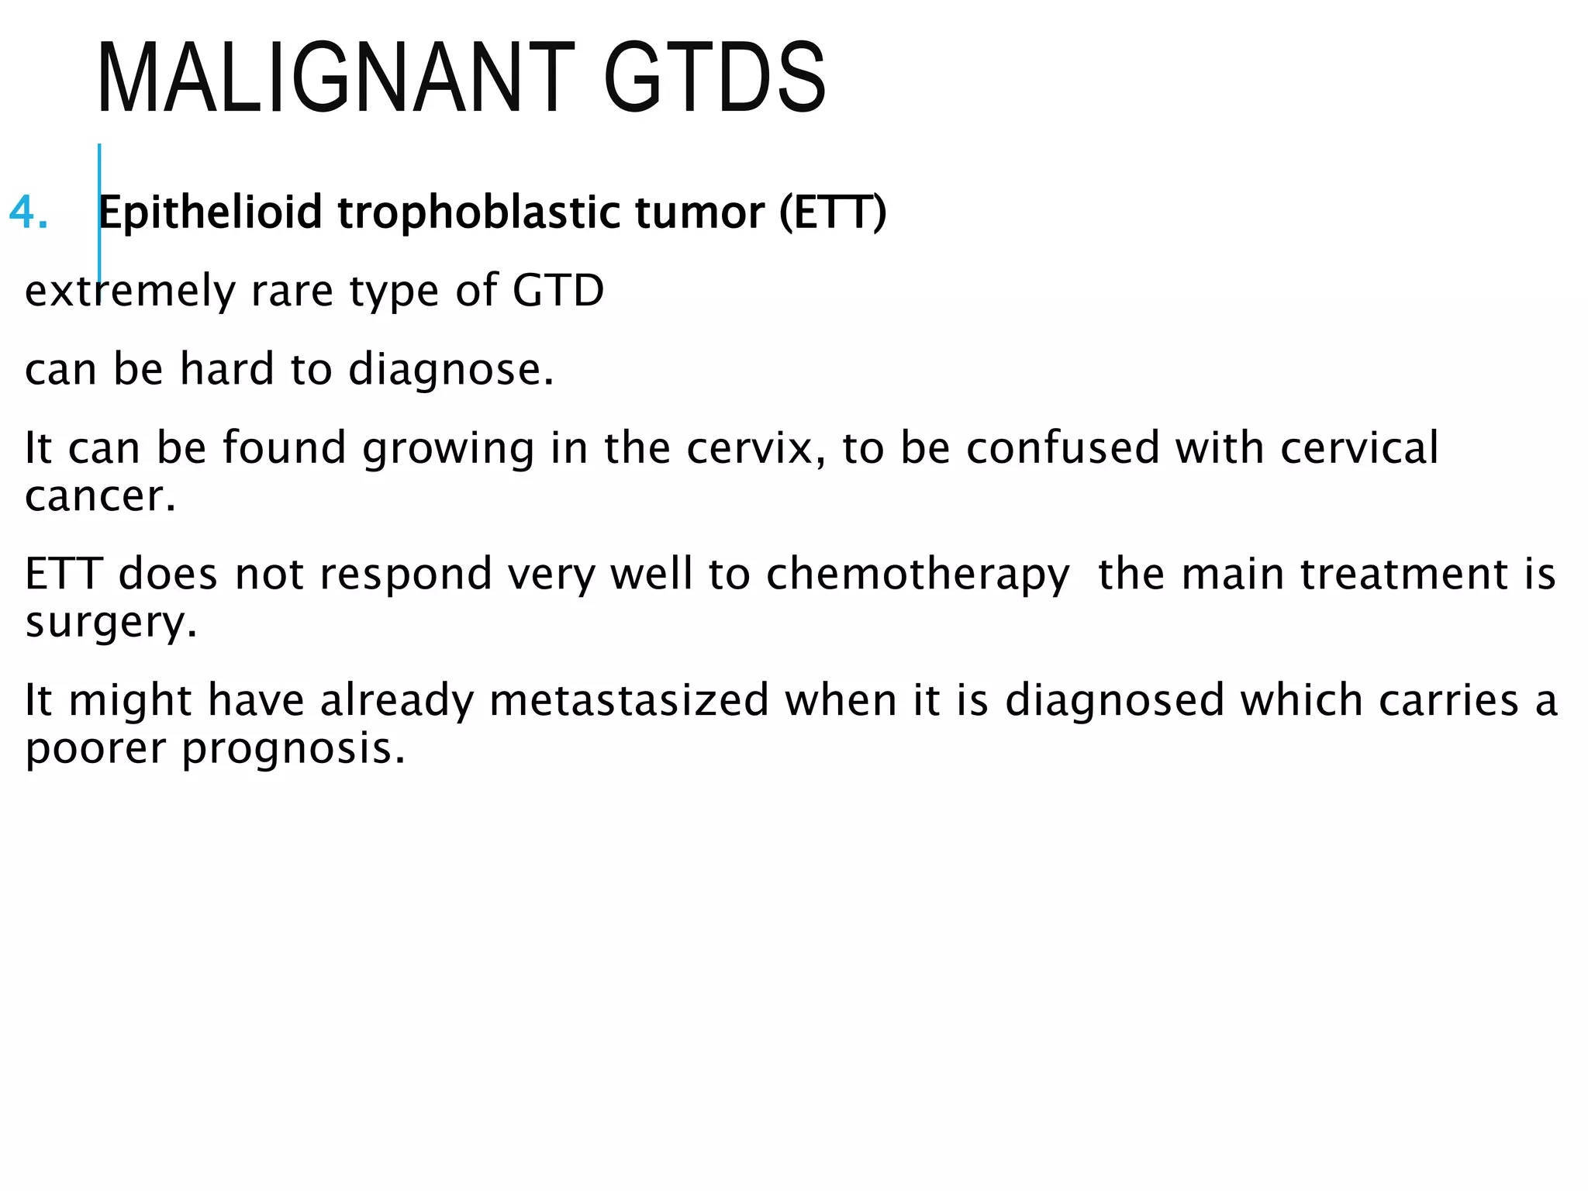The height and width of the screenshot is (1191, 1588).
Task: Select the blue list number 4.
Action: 28,212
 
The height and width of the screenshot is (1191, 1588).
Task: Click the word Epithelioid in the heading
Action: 209,212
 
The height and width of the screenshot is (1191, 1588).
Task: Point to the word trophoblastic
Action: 478,212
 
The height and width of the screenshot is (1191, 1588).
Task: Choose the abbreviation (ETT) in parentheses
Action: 833,212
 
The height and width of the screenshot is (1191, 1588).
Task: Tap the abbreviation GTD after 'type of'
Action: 558,291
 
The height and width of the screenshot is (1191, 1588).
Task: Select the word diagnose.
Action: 451,370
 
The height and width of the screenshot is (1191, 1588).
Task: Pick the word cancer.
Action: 100,496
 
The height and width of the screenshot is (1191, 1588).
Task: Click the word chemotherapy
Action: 918,575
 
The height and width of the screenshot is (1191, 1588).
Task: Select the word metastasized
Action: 630,701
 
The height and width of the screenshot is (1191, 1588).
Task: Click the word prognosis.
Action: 294,749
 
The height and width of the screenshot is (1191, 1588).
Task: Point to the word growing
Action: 448,448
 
